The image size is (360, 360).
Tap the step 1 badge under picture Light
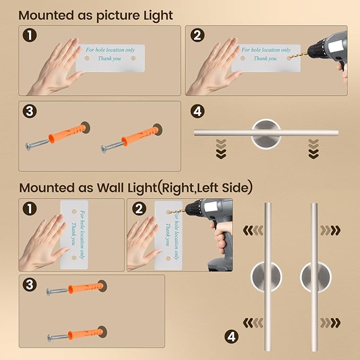30,36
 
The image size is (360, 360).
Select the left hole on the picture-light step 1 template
87,58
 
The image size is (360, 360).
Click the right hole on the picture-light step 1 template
133,58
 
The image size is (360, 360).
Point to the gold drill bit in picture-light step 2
298,55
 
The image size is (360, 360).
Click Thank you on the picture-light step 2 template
265,58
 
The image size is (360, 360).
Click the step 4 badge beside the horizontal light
197,111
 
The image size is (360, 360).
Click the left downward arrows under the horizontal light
221,149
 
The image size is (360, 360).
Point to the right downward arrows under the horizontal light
313,149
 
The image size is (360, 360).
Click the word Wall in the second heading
111,188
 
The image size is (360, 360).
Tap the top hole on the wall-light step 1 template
74,212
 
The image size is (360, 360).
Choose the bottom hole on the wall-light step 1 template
74,258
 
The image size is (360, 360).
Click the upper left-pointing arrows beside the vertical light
253,231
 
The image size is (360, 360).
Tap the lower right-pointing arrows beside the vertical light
330,323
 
